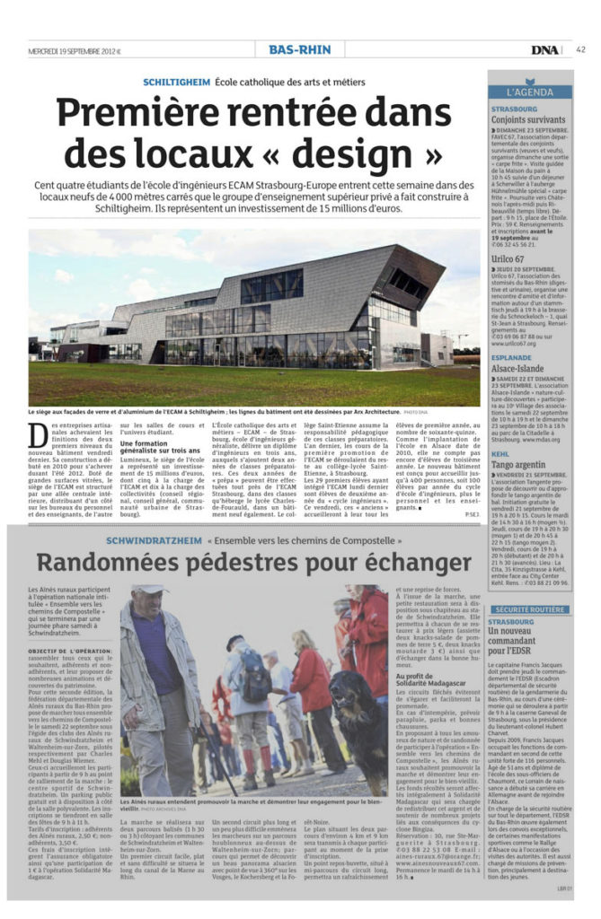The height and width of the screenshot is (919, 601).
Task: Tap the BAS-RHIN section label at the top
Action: pyautogui.click(x=299, y=49)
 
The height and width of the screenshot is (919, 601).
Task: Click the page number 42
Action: pyautogui.click(x=580, y=49)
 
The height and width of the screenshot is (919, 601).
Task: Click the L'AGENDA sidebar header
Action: pyautogui.click(x=530, y=92)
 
